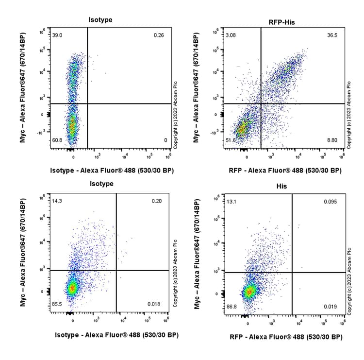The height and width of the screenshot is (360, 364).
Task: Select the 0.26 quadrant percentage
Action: coord(159,35)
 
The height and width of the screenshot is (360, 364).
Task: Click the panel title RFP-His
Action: coord(282,22)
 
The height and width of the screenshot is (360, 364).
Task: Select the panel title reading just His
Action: coord(282,186)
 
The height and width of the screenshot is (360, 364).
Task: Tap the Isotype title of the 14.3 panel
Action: coord(101,184)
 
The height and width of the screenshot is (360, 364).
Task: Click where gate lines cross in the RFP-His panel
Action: coord(261,103)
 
